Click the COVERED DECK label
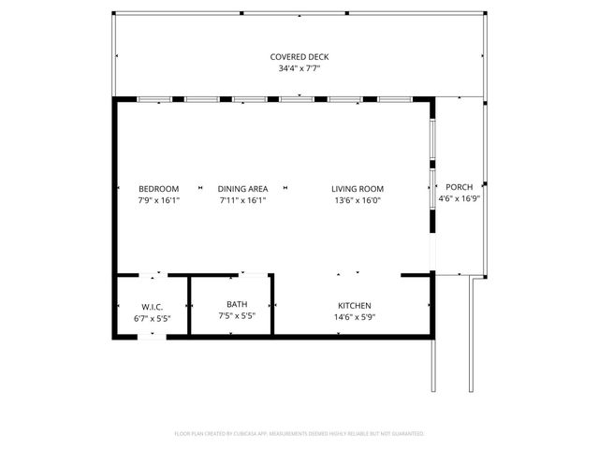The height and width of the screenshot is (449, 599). [x=299, y=57]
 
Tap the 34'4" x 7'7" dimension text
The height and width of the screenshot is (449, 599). [x=299, y=68]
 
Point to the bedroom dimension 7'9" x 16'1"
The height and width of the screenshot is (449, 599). [x=158, y=199]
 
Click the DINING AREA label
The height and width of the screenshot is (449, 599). [x=243, y=188]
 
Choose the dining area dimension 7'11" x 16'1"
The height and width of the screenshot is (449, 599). [x=243, y=199]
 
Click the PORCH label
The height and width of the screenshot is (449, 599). [x=459, y=186]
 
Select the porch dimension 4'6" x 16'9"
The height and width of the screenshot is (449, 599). [x=459, y=197]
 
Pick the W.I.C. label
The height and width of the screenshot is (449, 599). [x=153, y=306]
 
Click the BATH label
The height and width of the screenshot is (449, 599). [x=237, y=304]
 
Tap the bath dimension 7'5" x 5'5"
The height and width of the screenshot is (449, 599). [x=237, y=315]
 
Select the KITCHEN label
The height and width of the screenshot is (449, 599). [x=355, y=306]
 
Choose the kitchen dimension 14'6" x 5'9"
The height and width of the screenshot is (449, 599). [x=355, y=317]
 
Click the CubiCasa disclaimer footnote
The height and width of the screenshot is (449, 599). [x=299, y=434]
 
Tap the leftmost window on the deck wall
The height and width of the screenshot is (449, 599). [x=153, y=98]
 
